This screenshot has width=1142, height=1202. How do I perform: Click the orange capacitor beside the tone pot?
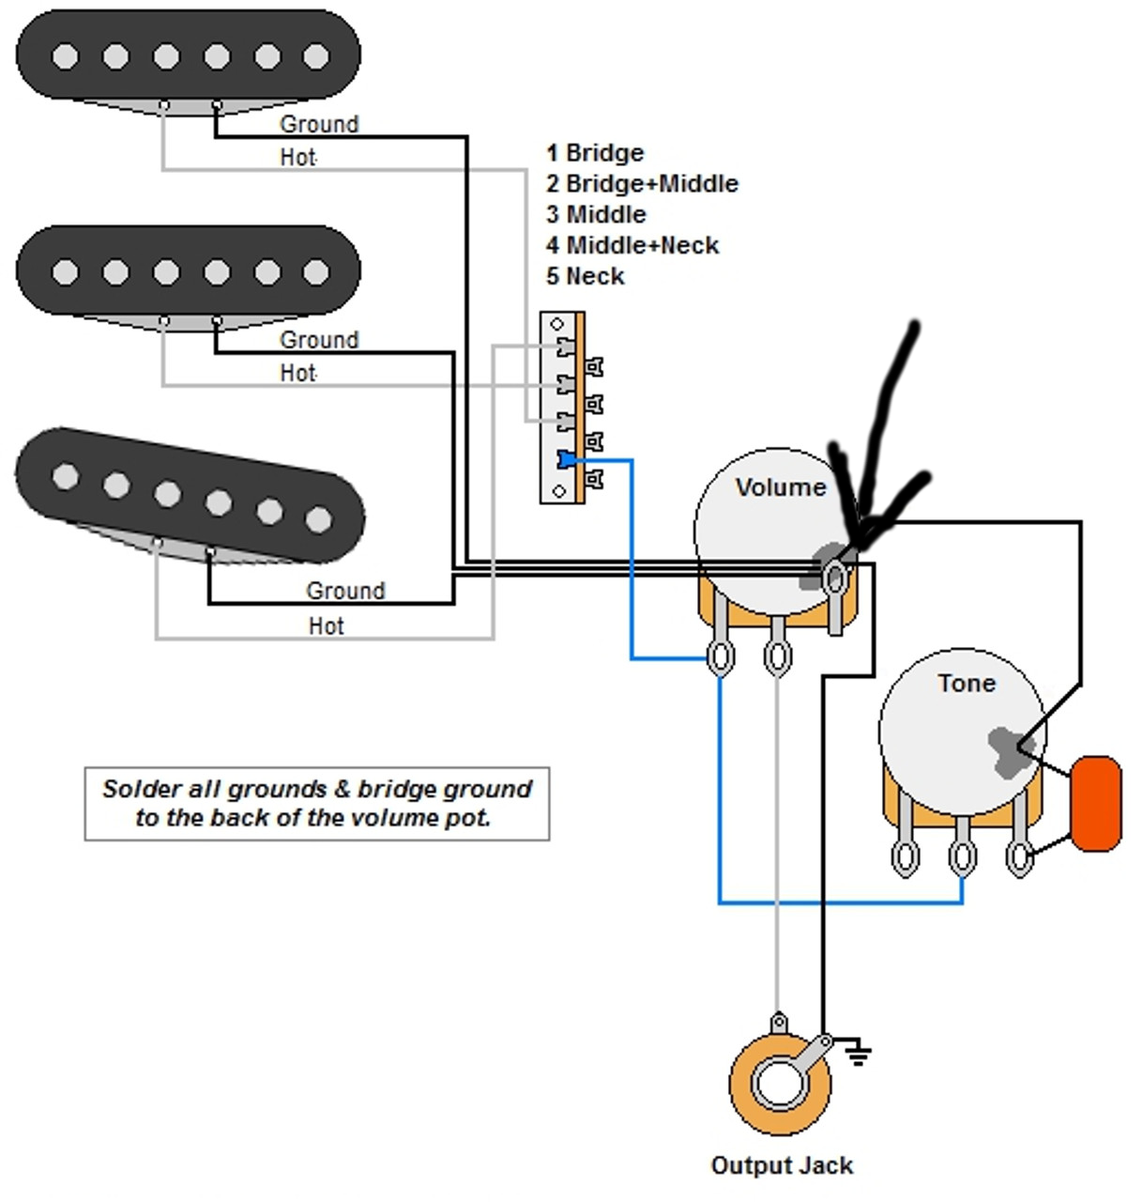(1096, 804)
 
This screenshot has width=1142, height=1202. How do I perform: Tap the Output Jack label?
(782, 1166)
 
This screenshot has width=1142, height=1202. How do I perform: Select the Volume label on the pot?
(780, 487)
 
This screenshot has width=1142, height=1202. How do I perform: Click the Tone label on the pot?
(966, 683)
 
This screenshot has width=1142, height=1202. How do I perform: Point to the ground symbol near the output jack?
(856, 1053)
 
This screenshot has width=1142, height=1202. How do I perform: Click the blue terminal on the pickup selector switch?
(566, 459)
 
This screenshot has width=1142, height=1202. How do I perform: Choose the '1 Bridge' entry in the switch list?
(595, 153)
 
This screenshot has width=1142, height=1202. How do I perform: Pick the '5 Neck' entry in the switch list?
(586, 276)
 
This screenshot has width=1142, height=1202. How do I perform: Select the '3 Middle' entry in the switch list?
(596, 214)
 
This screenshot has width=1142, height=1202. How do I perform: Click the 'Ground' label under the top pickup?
(319, 124)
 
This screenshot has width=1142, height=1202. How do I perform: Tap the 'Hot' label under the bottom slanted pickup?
(326, 625)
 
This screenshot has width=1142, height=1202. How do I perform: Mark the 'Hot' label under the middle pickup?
(297, 373)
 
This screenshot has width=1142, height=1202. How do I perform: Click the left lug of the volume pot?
(720, 656)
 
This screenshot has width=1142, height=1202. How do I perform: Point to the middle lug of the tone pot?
(962, 856)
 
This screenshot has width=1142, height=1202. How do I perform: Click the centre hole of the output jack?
(779, 1083)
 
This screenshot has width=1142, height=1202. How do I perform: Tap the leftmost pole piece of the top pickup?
(65, 56)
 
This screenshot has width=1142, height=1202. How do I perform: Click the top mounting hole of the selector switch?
(556, 325)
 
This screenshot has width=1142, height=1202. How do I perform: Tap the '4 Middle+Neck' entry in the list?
(632, 245)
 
